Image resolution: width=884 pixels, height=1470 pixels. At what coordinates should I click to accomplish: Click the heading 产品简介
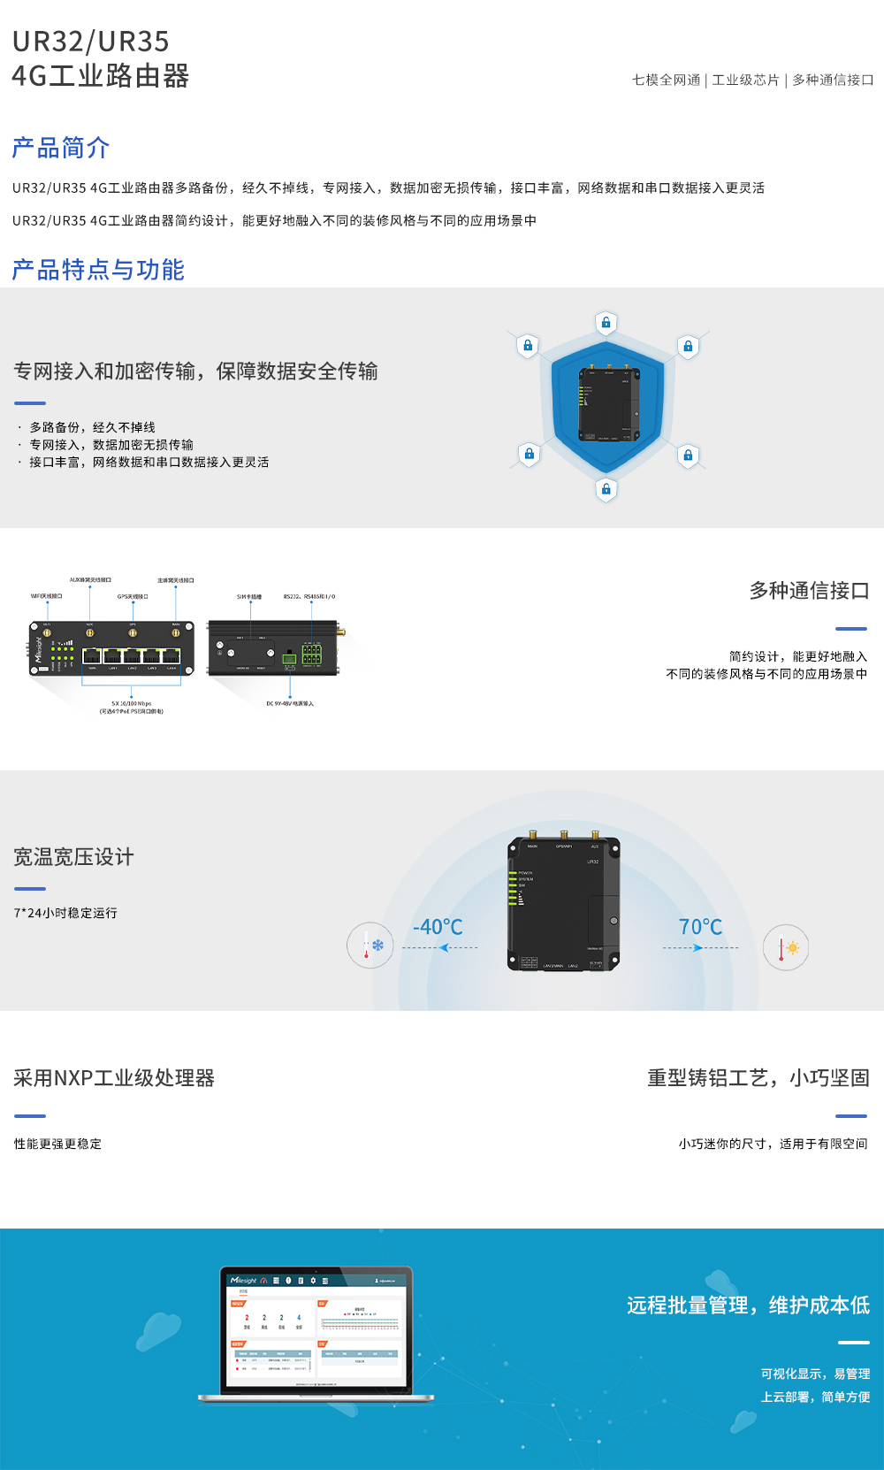[61, 148]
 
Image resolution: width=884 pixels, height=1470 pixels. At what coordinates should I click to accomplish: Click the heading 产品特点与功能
[98, 270]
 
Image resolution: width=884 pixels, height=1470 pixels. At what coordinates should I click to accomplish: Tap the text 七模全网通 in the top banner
[666, 80]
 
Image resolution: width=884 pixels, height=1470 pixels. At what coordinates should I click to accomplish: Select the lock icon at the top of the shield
[606, 323]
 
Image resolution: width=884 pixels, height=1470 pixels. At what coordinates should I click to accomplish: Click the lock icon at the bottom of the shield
[606, 489]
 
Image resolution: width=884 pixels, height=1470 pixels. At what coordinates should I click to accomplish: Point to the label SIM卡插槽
[249, 597]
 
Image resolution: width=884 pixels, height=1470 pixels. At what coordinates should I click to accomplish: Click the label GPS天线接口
[133, 597]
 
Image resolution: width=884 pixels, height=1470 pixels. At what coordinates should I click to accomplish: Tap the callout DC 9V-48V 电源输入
[290, 704]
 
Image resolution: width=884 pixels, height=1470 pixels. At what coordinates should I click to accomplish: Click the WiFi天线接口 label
[47, 597]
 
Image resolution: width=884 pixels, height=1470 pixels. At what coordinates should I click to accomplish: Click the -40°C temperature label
[438, 927]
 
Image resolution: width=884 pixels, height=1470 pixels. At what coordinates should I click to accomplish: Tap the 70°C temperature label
[700, 927]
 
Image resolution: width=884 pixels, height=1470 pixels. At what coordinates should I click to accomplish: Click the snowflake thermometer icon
[370, 946]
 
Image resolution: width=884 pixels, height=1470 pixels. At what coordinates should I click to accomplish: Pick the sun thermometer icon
[786, 948]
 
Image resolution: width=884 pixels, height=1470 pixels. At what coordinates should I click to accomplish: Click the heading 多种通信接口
[809, 591]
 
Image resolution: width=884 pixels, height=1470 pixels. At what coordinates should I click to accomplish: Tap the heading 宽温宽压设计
[73, 857]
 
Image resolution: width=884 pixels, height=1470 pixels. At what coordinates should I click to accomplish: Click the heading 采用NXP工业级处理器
[114, 1078]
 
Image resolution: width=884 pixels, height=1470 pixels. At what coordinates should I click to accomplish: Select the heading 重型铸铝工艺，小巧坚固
[758, 1078]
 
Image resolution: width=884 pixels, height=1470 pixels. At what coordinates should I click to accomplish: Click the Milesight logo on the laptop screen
[243, 1281]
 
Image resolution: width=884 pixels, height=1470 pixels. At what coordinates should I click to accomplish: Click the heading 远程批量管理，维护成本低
[748, 1305]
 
